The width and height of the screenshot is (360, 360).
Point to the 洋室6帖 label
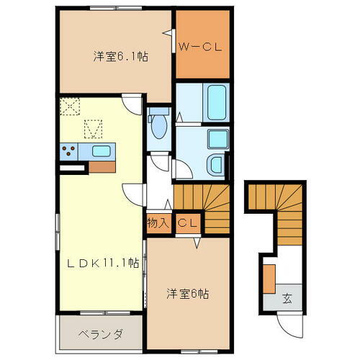pyautogui.click(x=188, y=294)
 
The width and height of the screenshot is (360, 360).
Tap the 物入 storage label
pyautogui.click(x=158, y=224)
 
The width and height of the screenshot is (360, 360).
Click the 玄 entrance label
pyautogui.click(x=286, y=297)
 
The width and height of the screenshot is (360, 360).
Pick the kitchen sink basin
pyautogui.click(x=102, y=151)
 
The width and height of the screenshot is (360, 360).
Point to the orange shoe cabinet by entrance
pyautogui.click(x=269, y=279)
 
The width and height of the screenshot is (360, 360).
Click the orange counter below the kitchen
pyautogui.click(x=101, y=166)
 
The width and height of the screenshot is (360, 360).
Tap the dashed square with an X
pyautogui.click(x=71, y=107)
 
